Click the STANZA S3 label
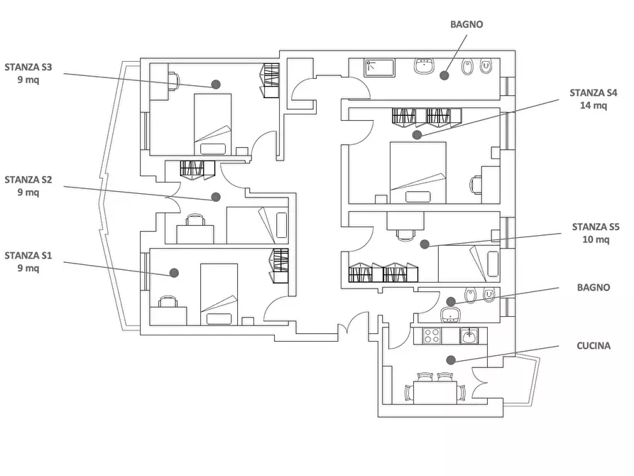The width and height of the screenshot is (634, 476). pos(28,67)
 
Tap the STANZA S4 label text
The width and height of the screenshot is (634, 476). pos(593,92)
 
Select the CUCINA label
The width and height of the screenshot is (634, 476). pos(593,346)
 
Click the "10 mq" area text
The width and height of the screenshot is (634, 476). pos(596,239)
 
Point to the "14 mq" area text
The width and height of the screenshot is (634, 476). pos(593,105)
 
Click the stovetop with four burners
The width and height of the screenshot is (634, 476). pos(432,335)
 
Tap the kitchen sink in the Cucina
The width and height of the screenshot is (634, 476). pos(469,335)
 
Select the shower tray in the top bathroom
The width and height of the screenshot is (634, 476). pos(380,67)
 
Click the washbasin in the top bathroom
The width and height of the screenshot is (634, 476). pos(424,65)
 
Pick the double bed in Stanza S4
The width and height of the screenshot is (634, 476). pos(418,173)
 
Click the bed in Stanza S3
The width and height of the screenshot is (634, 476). pos(213,124)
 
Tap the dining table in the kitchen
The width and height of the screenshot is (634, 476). pos(435,392)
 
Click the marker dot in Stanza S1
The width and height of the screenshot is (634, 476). pos(174,273)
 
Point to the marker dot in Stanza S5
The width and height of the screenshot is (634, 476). pos(425,244)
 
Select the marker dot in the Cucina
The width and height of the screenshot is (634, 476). pos(452,359)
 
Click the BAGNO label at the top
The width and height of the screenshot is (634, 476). pos(466,24)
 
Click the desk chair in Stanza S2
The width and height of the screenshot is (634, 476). pos(195,220)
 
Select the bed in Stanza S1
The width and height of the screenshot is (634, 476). pos(219,294)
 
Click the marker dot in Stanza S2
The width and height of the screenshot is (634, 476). pos(216,197)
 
